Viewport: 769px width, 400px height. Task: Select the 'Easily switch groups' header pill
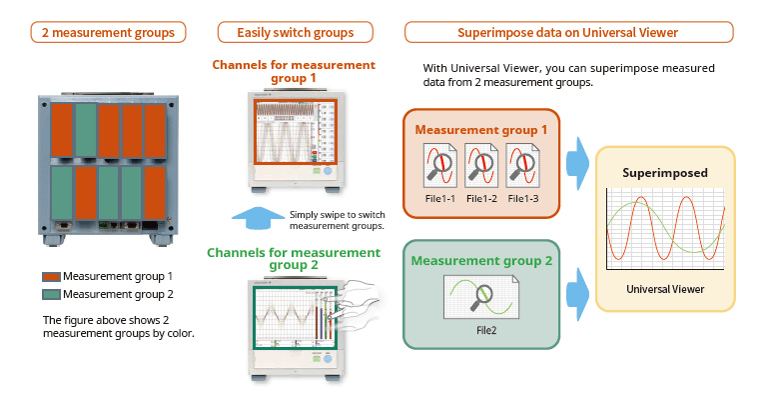tap(295, 33)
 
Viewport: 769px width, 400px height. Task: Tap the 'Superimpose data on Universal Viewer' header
tap(567, 33)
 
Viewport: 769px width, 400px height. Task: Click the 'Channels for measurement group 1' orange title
tap(294, 71)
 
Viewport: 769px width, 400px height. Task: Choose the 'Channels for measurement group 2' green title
tap(294, 259)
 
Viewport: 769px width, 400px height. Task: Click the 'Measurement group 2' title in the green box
tap(480, 261)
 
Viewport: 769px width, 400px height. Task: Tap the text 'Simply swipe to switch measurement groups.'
tap(337, 220)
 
